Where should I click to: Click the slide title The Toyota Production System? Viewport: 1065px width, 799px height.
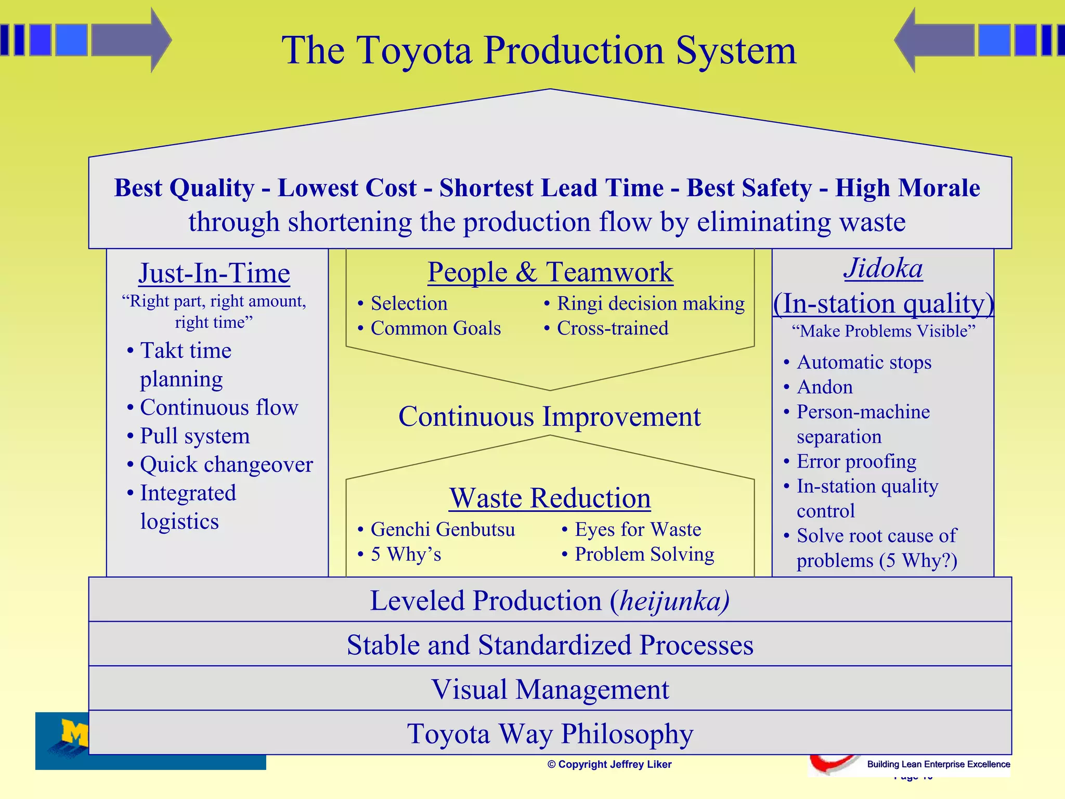(539, 50)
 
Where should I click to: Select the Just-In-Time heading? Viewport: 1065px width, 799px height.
(214, 273)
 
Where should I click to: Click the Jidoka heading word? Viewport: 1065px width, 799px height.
(883, 268)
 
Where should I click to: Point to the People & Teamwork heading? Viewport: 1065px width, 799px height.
(550, 272)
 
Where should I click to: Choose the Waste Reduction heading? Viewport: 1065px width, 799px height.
(550, 498)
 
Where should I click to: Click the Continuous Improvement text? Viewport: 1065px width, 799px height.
(550, 417)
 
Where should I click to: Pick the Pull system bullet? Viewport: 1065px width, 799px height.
(194, 436)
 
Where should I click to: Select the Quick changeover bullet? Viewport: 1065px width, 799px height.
(226, 465)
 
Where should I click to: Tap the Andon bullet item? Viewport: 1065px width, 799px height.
(825, 387)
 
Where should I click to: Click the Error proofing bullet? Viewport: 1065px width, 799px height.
(856, 461)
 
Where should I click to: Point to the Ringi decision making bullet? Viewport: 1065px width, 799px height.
(650, 303)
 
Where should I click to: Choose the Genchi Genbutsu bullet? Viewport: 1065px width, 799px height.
(443, 530)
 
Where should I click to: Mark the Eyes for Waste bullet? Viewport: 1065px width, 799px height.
(638, 530)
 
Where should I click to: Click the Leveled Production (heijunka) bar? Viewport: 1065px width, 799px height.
(550, 600)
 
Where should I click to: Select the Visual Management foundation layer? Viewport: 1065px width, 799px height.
(550, 689)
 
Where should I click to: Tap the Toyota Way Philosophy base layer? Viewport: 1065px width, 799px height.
(550, 733)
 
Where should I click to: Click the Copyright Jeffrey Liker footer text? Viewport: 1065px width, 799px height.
(609, 764)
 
